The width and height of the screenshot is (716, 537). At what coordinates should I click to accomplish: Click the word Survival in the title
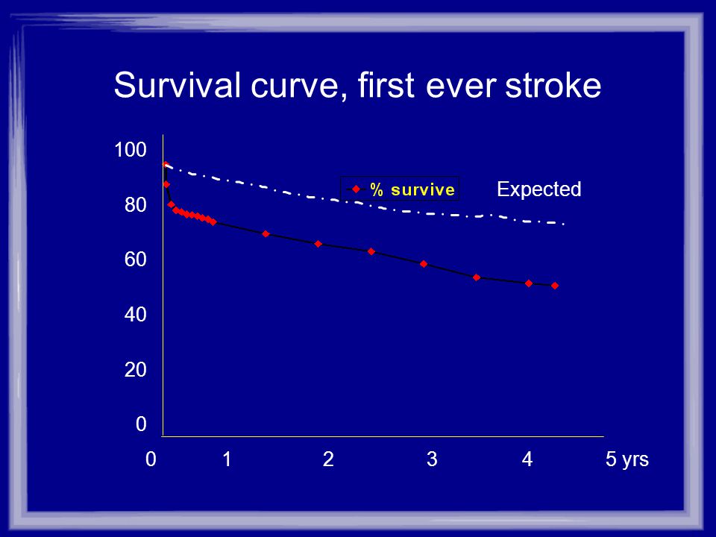click(178, 85)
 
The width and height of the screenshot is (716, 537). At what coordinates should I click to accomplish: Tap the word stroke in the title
click(553, 85)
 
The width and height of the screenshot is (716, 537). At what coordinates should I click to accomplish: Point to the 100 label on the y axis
click(130, 150)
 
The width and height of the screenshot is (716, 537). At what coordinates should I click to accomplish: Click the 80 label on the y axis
click(136, 204)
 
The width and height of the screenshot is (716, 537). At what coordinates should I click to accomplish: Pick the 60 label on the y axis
click(136, 260)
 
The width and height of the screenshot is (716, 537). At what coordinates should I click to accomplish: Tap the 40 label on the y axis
click(136, 314)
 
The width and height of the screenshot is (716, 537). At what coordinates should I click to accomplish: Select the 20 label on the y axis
click(136, 369)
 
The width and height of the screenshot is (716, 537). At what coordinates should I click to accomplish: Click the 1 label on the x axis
click(227, 459)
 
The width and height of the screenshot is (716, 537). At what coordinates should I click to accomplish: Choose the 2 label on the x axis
click(328, 459)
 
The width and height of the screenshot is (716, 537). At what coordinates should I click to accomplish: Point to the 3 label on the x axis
click(432, 459)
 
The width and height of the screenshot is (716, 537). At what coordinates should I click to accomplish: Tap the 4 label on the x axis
click(527, 459)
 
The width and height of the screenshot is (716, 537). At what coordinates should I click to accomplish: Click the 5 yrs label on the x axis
click(627, 459)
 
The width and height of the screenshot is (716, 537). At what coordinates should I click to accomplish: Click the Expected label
click(538, 189)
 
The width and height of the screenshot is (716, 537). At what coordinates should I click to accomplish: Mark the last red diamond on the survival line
click(555, 286)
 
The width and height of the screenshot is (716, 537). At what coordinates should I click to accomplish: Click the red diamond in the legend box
click(357, 189)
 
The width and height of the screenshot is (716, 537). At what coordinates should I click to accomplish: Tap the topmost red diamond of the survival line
click(166, 164)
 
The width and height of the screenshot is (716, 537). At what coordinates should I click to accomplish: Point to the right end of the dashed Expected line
click(565, 224)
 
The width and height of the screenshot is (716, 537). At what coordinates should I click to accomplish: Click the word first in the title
click(386, 85)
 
